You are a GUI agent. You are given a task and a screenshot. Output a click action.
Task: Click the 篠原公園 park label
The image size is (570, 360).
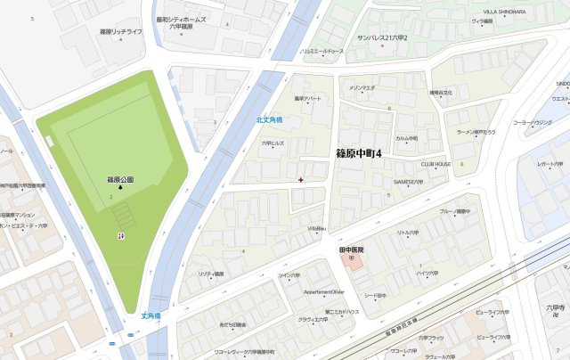[120, 179]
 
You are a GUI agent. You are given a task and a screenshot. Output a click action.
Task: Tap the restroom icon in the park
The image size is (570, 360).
[121, 236]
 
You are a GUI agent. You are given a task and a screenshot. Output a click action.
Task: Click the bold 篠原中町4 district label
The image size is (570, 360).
[359, 154]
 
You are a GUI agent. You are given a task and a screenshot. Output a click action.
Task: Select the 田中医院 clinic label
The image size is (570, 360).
[354, 250]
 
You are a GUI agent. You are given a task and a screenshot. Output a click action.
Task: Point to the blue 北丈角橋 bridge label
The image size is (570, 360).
[269, 119]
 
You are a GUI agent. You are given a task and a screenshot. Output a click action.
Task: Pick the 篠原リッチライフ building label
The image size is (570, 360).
[121, 31]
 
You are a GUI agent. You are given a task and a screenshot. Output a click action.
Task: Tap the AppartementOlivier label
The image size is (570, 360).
[323, 291]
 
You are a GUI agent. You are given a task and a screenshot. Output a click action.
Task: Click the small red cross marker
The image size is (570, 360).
[301, 179]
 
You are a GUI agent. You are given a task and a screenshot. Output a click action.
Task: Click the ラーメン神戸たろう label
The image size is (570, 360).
[481, 132]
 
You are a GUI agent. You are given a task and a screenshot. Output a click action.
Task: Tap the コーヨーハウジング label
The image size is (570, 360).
[533, 122]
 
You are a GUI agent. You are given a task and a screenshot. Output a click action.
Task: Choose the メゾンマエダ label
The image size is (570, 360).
[361, 88]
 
